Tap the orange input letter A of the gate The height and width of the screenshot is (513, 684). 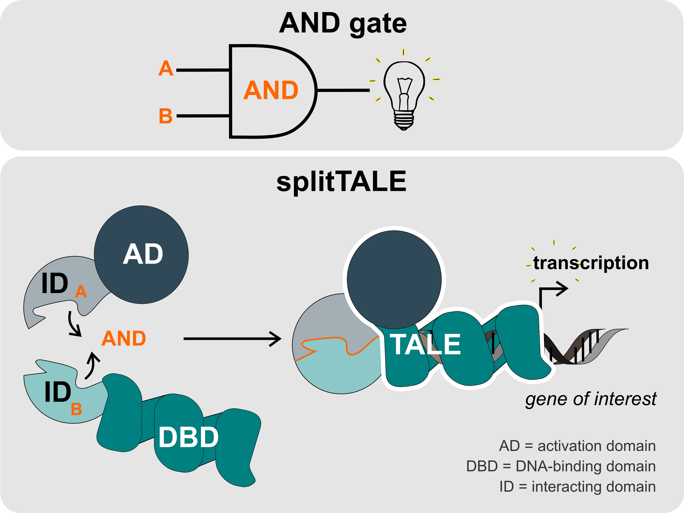coord(166,68)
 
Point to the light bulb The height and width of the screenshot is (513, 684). coord(404,94)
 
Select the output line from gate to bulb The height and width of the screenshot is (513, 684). coord(343,90)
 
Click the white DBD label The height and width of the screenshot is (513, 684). coord(188,437)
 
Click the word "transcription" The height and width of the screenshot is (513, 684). coord(591,263)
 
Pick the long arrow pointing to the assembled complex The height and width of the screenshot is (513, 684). coord(232,339)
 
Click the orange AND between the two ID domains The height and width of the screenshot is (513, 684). coord(124,339)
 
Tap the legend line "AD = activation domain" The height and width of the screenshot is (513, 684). coord(577,446)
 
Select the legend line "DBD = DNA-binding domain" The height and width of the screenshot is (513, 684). coord(561,466)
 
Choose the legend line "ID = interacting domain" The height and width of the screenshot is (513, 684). coord(577,487)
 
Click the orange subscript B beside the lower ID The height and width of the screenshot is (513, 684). coord(76,409)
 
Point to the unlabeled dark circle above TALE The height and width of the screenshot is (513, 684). coord(394,279)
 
